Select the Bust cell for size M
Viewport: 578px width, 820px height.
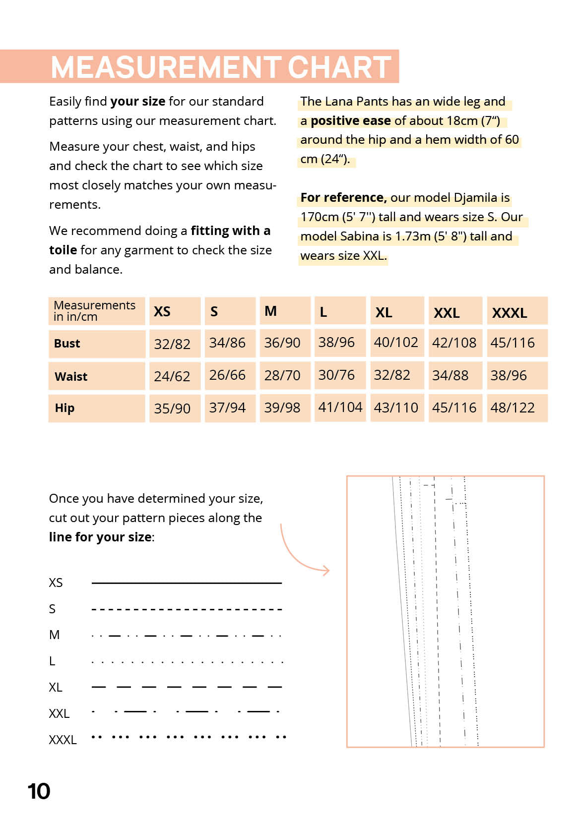282,343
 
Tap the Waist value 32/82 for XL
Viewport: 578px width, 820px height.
392,375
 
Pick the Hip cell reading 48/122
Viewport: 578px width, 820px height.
513,408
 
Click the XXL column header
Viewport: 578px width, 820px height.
447,313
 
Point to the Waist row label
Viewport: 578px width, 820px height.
71,376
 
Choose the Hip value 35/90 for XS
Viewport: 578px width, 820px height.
172,408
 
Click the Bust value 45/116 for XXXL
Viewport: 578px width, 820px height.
513,343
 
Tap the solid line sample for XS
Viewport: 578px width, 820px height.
187,583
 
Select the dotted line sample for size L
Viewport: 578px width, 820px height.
187,662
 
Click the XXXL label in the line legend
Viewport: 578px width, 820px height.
63,740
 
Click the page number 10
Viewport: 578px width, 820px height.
39,791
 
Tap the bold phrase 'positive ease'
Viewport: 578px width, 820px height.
350,120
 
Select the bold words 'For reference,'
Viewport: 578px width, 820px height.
343,197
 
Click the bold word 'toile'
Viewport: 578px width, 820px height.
63,250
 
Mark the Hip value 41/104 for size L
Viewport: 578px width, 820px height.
340,407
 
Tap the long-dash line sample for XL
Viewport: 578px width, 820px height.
187,687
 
